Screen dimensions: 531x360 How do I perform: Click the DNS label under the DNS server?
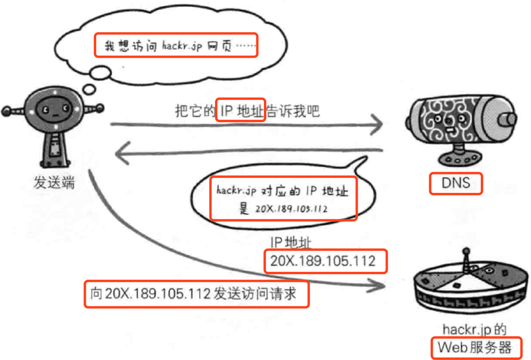click(x=455, y=183)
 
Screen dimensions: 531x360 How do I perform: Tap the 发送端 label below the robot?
click(x=54, y=183)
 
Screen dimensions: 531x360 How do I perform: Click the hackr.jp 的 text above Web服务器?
click(x=474, y=330)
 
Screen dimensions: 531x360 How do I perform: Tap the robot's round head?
click(x=55, y=109)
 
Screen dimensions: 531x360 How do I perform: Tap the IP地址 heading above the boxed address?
click(x=291, y=242)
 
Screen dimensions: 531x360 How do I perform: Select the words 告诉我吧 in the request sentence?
click(x=293, y=111)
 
